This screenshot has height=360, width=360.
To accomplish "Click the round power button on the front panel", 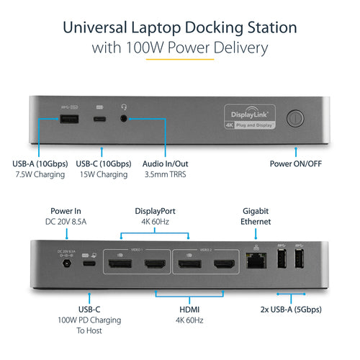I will pos(296,119).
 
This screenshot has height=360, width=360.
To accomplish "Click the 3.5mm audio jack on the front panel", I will pos(127,116).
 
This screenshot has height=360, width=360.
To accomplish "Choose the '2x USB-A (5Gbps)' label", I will pos(291,310).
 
